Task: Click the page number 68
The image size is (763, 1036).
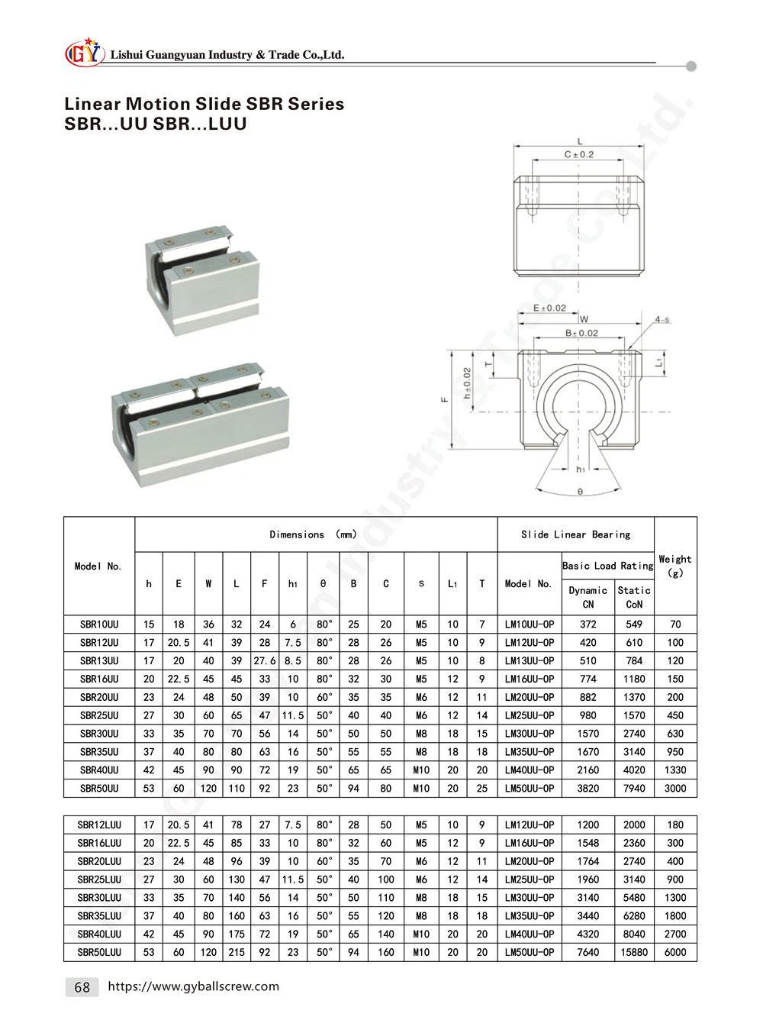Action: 82,987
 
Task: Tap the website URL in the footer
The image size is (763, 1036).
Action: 195,986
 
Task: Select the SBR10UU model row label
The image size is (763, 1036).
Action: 99,625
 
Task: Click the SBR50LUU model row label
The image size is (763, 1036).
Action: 99,952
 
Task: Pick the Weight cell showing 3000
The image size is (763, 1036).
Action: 675,789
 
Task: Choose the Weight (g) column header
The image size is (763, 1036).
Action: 675,566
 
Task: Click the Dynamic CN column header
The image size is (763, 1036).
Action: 588,597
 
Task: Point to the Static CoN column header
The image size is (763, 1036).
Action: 634,597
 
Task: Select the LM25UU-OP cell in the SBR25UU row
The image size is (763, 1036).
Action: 530,715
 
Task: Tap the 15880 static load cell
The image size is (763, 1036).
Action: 634,952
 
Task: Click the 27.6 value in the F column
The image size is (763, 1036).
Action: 264,661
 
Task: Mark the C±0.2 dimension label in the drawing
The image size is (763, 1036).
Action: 578,154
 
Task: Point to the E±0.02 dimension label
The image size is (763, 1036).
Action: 550,308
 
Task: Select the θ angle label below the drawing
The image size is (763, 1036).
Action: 581,492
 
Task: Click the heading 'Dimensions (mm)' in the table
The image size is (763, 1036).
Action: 313,535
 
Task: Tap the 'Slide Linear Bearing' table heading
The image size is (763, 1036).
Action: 575,535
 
